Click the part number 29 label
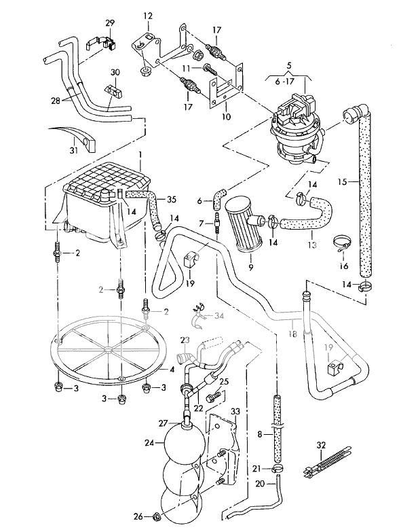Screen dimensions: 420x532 click(x=110, y=23)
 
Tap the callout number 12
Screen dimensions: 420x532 click(x=148, y=16)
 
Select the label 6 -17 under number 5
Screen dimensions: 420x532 click(x=285, y=82)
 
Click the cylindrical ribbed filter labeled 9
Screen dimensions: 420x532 click(x=244, y=224)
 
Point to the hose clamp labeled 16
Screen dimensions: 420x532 click(x=342, y=243)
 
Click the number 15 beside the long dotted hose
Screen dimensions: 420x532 click(x=342, y=182)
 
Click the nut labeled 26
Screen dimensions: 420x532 click(x=157, y=517)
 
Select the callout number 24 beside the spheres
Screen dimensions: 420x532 click(x=149, y=443)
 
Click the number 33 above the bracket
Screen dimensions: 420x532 click(x=235, y=412)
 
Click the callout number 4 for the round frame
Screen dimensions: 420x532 click(x=172, y=370)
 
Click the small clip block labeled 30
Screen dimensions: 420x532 click(x=113, y=91)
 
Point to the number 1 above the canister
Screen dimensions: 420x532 click(x=140, y=155)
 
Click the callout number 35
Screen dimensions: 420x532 click(x=172, y=199)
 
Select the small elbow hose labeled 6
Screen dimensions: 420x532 click(x=218, y=198)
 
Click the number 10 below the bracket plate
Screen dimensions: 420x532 click(x=226, y=117)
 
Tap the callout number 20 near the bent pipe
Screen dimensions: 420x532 click(x=260, y=484)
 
